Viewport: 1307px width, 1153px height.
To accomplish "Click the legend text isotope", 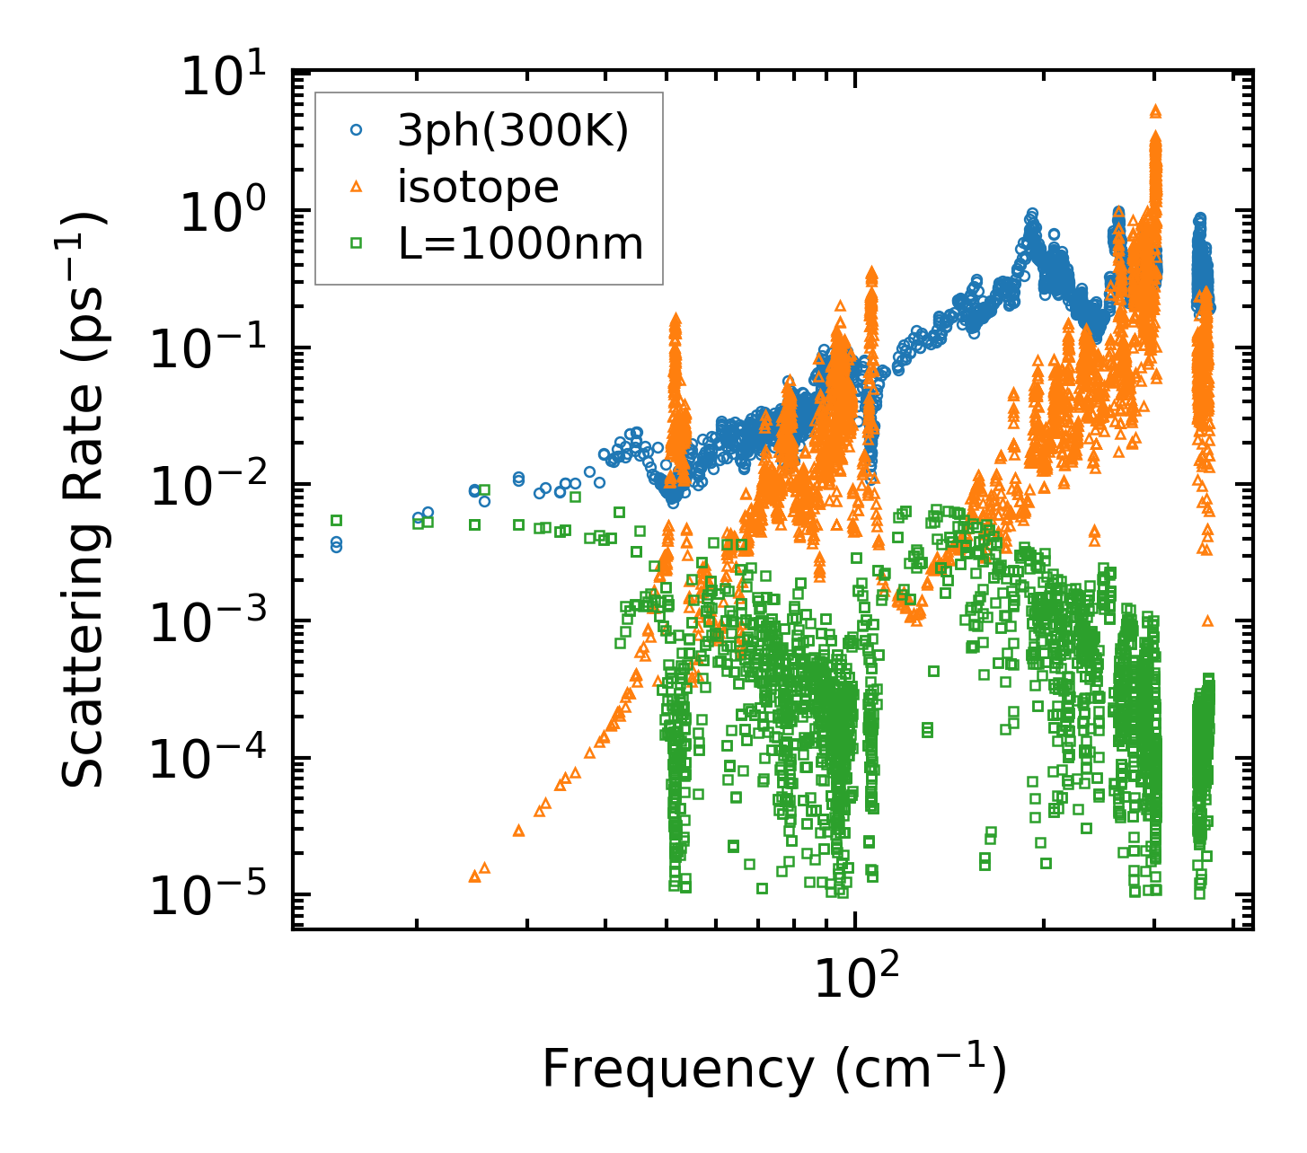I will [479, 187].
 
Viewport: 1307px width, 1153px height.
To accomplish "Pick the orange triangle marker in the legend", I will [357, 187].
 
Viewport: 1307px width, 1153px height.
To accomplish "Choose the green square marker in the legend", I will [357, 242].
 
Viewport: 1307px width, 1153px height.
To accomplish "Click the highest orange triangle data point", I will [1156, 110].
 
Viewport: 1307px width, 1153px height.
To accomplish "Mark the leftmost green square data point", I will [337, 520].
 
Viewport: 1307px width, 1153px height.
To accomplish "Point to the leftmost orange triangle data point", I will [474, 876].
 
